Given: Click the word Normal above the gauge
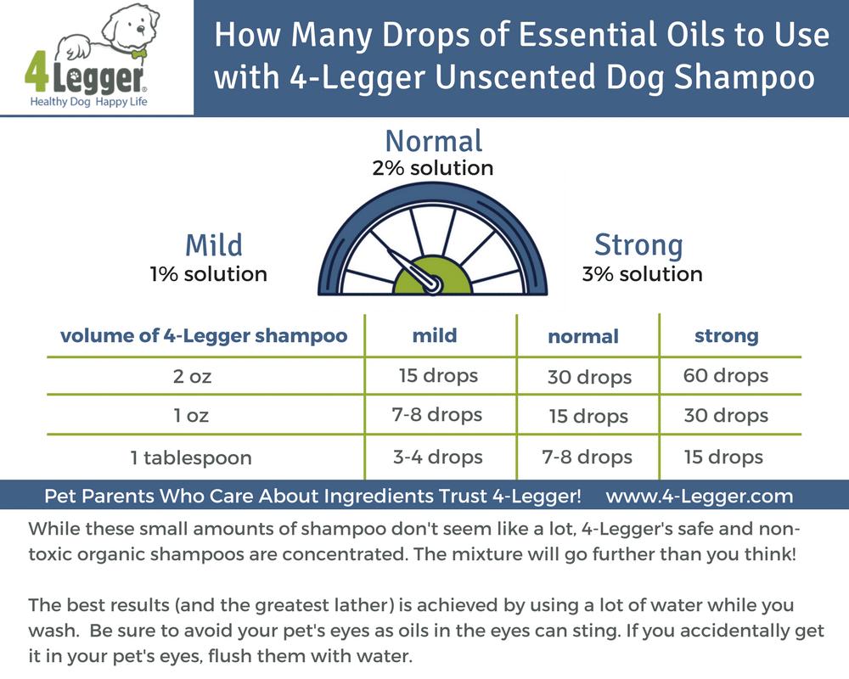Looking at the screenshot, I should pos(433,141).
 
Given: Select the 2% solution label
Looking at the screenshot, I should pos(433,168).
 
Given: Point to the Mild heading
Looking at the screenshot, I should pos(214,245).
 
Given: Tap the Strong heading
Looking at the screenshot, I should pos(638,245).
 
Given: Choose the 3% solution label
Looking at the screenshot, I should pos(642,274).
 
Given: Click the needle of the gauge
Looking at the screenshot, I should pos(408,267).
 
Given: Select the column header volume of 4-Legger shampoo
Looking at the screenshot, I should pos(204,335).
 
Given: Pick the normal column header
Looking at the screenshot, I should pos(583,336).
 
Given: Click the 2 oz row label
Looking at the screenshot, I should pos(192,377).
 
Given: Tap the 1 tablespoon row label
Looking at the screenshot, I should pos(191,458).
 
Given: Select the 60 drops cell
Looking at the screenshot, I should pos(725,375).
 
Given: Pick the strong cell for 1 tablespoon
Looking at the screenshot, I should pos(723,457).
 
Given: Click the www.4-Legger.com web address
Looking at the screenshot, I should pos(700,496).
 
